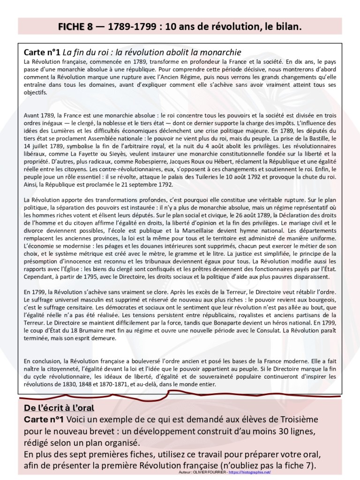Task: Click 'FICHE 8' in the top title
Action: pyautogui.click(x=75, y=27)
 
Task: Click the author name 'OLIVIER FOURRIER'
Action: pyautogui.click(x=213, y=472)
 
